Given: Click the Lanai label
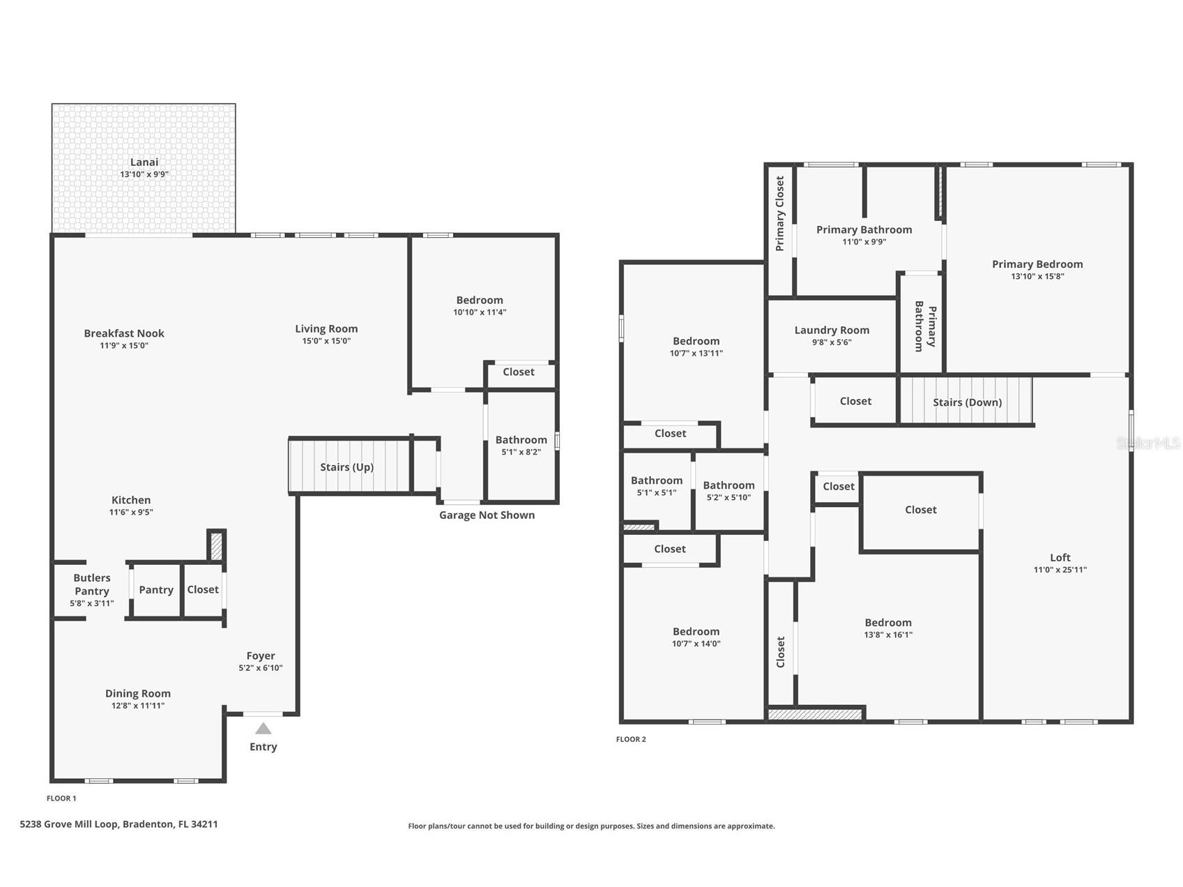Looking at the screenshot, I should [x=144, y=162].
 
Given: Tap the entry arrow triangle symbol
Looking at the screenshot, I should [x=263, y=729].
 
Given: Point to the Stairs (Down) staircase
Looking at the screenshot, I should [x=966, y=401].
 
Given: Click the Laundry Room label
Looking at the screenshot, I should [x=832, y=330].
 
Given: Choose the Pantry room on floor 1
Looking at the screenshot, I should [x=156, y=590].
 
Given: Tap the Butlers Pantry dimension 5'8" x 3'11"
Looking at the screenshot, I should [x=91, y=603].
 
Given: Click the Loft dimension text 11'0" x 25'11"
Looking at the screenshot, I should [x=1060, y=570].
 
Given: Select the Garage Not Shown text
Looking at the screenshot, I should [x=487, y=515].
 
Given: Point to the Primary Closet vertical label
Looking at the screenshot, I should [x=780, y=213].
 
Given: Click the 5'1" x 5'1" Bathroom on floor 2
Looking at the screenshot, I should [x=656, y=486].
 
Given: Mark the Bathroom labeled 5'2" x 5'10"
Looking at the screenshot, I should [x=728, y=491].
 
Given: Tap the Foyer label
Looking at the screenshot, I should [x=261, y=655].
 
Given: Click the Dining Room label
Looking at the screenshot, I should [x=138, y=693].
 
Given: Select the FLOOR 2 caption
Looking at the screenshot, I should [x=631, y=739].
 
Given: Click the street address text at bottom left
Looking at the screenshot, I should [x=119, y=824].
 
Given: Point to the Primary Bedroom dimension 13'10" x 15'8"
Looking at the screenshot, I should [x=1037, y=276].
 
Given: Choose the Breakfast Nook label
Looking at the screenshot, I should [x=124, y=333].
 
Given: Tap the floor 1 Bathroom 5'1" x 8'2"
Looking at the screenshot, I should [x=521, y=445].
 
